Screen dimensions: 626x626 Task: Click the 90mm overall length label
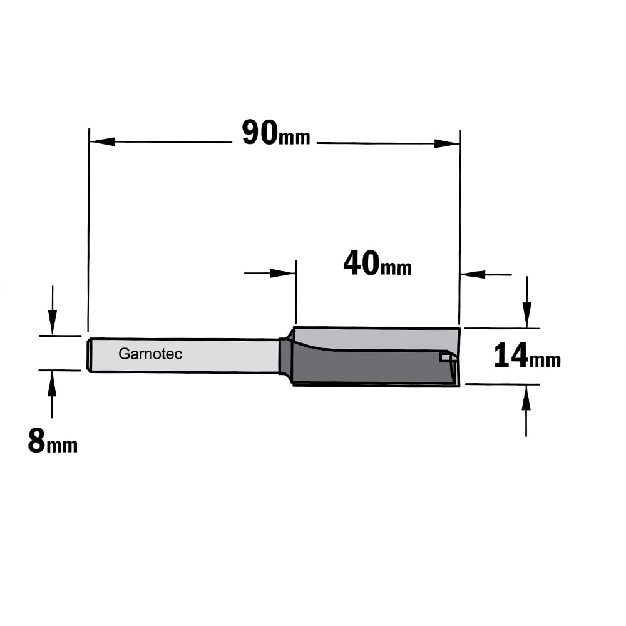click(276, 133)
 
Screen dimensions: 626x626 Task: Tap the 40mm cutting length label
click(377, 263)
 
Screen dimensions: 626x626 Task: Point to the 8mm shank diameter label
click(53, 440)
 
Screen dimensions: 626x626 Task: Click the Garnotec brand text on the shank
click(150, 354)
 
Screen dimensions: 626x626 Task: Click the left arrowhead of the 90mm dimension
click(103, 141)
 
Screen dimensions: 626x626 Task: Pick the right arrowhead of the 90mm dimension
click(447, 143)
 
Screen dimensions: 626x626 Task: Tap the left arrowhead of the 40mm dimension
click(283, 273)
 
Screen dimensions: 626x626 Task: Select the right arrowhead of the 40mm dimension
click(473, 274)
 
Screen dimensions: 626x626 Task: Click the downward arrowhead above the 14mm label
click(527, 316)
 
